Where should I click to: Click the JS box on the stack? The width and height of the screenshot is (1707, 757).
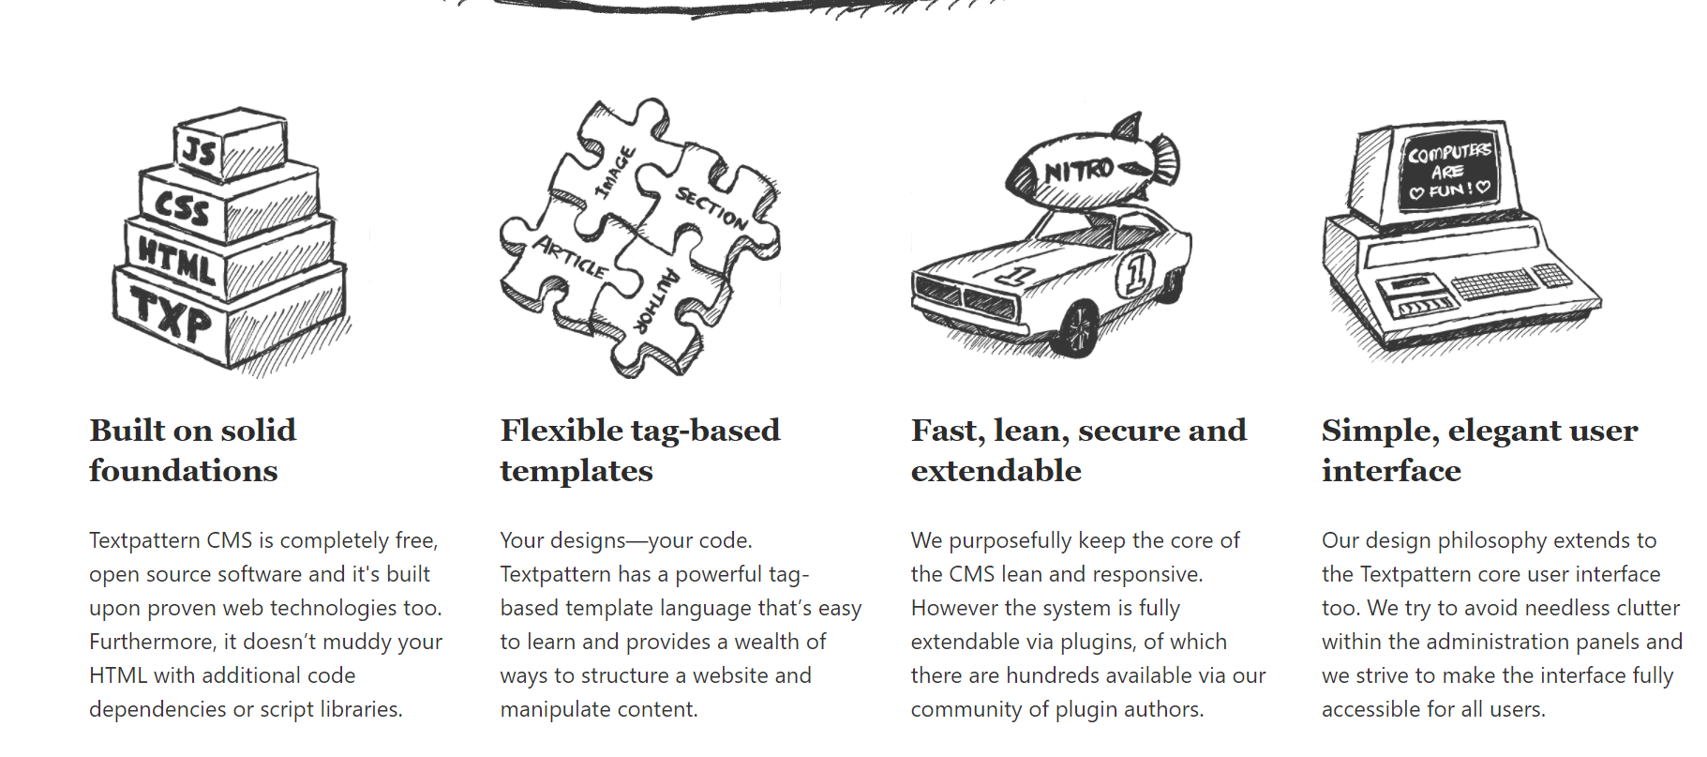[x=201, y=151]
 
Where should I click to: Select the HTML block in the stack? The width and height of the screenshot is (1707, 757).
[x=177, y=261]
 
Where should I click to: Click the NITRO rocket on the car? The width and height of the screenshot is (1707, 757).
[x=1092, y=169]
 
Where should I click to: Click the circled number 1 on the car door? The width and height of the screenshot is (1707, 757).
[x=1135, y=274]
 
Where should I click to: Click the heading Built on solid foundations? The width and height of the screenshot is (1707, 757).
[x=192, y=450]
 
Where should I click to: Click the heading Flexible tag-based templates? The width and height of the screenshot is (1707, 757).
[x=639, y=450]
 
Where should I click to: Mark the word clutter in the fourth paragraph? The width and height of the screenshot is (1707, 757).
[x=1642, y=608]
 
